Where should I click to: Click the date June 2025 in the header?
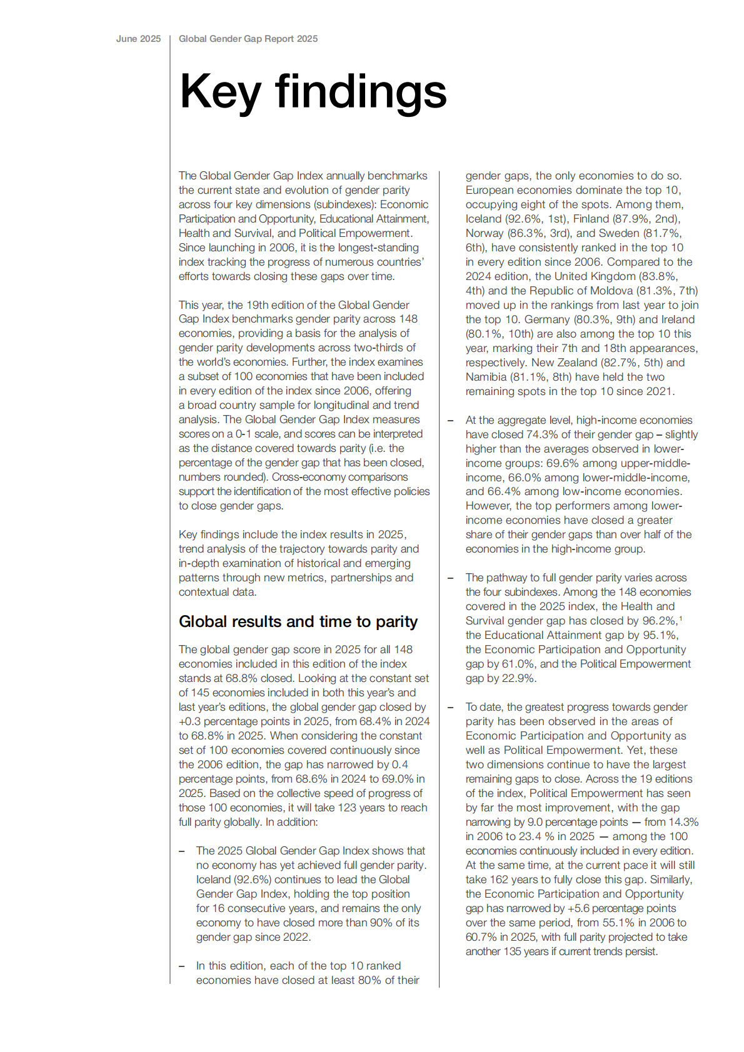point(138,39)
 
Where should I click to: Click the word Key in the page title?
point(219,92)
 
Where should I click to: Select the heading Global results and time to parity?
point(298,621)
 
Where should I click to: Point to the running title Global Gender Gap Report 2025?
point(248,39)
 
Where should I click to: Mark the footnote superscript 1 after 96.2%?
point(681,619)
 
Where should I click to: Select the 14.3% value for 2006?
point(683,822)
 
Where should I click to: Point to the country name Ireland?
point(678,319)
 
